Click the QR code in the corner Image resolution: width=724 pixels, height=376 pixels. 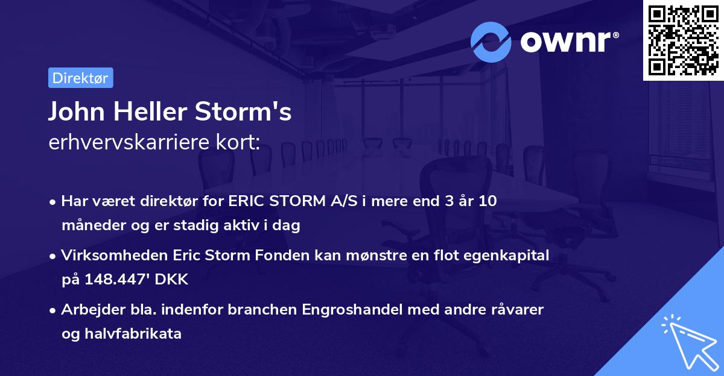pos(684,40)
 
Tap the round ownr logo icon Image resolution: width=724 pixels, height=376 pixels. pos(491,42)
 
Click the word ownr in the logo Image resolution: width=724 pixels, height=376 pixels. pos(568,42)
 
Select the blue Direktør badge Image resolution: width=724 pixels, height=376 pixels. pos(80,78)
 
